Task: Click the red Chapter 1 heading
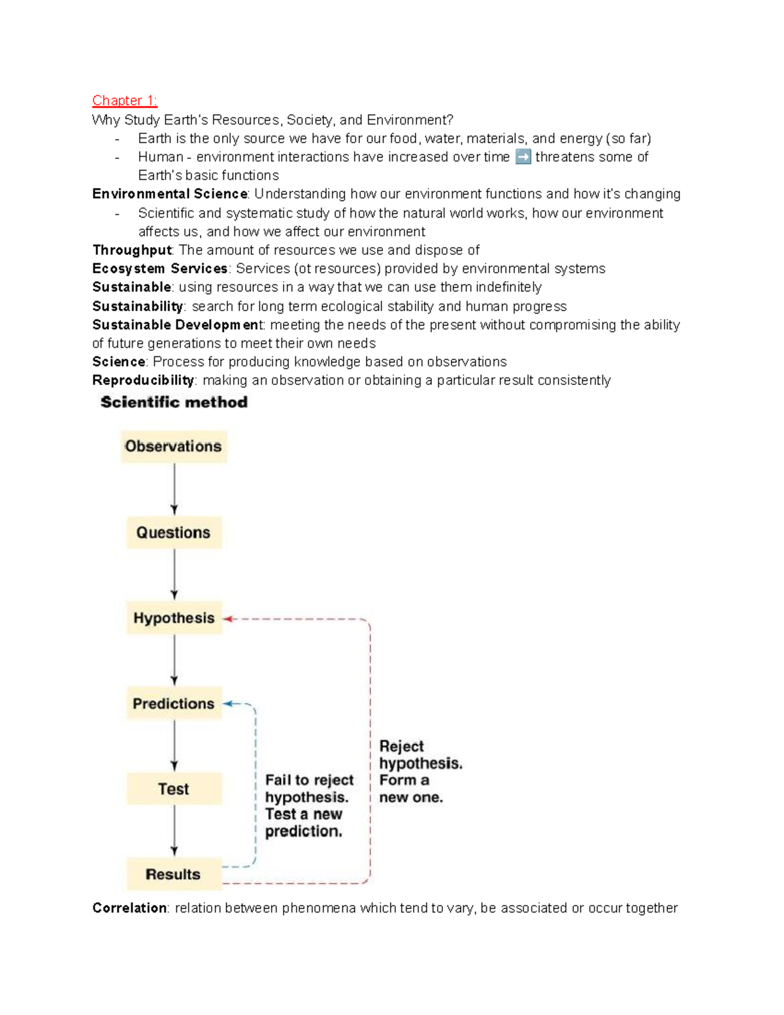click(124, 101)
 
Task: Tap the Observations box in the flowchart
click(174, 446)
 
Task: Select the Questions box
click(174, 533)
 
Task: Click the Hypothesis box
click(174, 618)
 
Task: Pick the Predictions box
click(174, 704)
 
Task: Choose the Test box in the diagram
click(174, 789)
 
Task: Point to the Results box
click(174, 874)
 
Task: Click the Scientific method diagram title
click(174, 403)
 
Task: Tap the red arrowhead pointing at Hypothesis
click(228, 619)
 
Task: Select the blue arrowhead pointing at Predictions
click(228, 704)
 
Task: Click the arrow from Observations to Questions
click(174, 490)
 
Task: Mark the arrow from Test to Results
click(174, 831)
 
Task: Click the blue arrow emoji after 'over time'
click(523, 157)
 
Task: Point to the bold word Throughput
click(132, 250)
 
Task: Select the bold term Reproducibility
click(143, 380)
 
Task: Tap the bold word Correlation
click(129, 908)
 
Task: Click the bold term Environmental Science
click(170, 194)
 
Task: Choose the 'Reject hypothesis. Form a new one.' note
click(420, 772)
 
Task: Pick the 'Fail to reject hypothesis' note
click(309, 805)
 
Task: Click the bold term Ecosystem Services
click(160, 269)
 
